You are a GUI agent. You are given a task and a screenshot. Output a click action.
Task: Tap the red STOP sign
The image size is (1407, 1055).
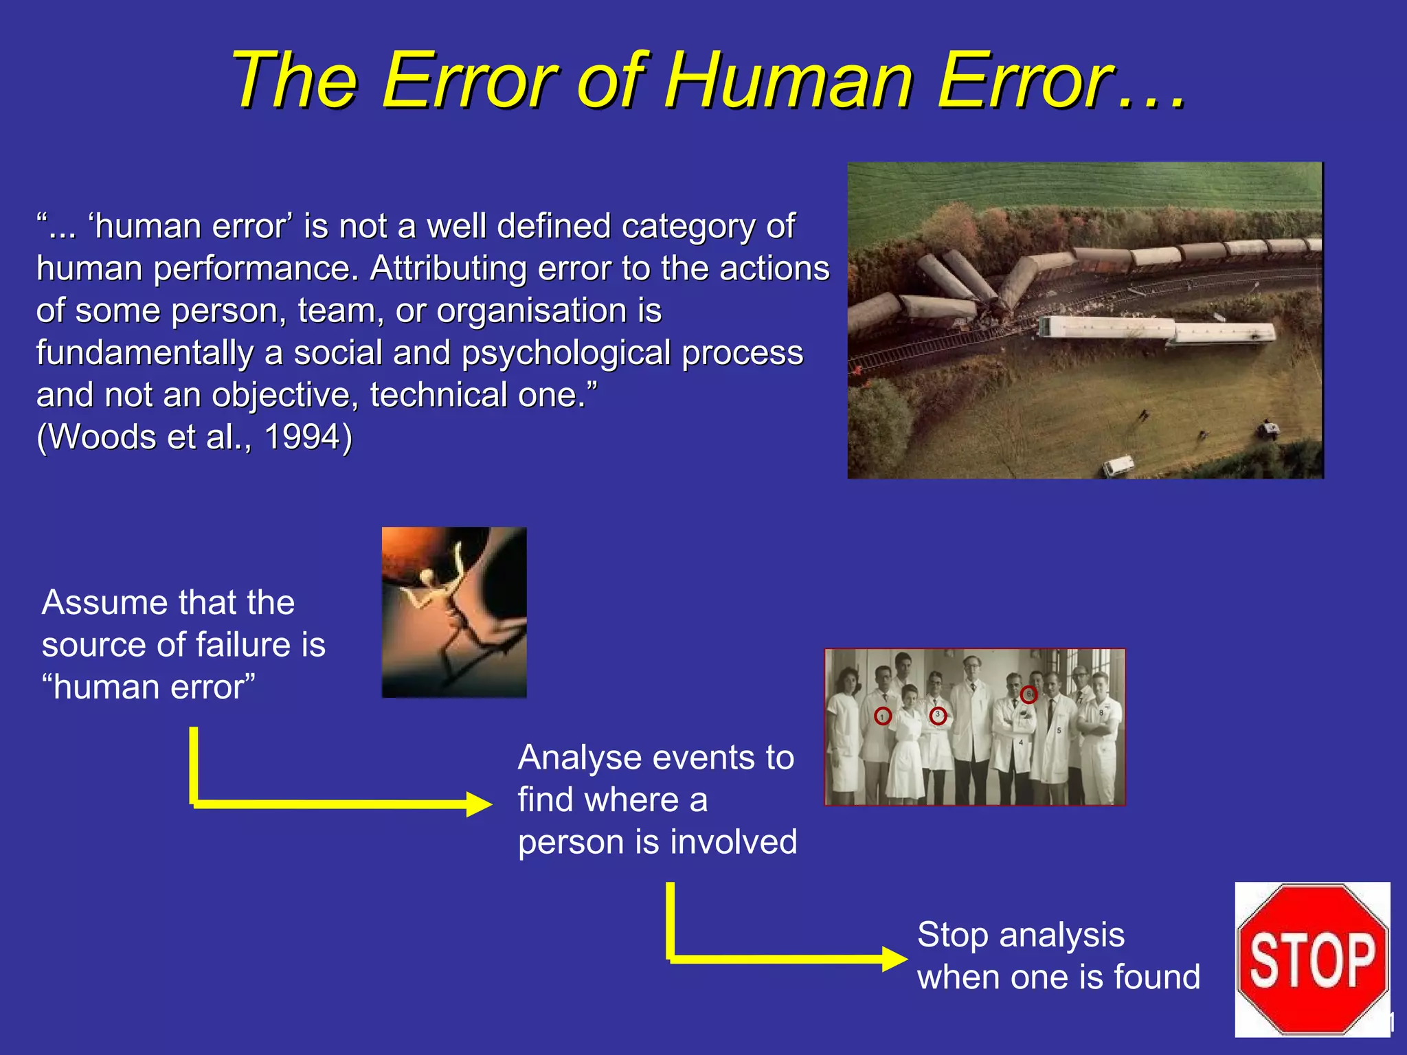[x=1312, y=960]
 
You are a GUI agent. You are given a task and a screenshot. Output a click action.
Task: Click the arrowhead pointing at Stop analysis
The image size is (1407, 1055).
[x=895, y=958]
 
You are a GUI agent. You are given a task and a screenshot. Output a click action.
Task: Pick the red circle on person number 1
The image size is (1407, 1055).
[x=883, y=716]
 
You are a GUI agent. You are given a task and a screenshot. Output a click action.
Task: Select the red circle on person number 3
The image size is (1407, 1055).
[x=938, y=716]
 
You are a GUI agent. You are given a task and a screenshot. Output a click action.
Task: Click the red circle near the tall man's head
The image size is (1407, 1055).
[x=1028, y=694]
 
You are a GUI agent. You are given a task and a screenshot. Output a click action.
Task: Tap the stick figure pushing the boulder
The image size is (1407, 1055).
[x=440, y=591]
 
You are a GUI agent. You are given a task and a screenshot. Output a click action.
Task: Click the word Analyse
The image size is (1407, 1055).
[x=579, y=758]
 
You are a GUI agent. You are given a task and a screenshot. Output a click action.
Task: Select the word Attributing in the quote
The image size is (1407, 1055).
[x=448, y=269]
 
